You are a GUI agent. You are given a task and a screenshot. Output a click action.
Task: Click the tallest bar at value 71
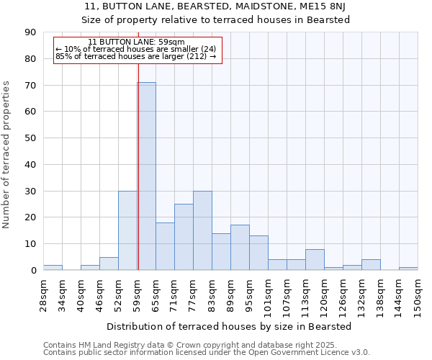146,176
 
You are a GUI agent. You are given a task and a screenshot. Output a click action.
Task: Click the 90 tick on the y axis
30,32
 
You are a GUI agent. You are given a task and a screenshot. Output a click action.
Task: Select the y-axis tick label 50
30,138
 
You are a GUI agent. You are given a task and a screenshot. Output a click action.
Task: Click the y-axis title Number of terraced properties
6,155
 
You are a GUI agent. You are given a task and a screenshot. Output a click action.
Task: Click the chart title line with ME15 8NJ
215,6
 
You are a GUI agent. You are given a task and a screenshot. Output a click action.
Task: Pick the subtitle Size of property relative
215,20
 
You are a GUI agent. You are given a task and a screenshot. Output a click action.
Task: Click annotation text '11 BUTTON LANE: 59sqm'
136,42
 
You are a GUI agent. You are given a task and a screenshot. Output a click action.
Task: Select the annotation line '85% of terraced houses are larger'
135,56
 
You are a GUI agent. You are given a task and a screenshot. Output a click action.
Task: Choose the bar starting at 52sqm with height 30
127,230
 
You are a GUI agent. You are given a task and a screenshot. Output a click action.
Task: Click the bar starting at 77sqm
202,230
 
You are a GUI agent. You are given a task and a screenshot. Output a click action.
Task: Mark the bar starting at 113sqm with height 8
315,260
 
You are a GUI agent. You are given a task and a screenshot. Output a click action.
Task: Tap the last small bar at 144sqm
408,269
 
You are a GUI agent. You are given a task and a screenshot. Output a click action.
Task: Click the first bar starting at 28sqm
53,268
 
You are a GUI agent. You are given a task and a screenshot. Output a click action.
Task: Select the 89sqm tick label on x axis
230,292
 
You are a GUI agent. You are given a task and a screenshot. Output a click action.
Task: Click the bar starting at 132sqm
371,265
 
